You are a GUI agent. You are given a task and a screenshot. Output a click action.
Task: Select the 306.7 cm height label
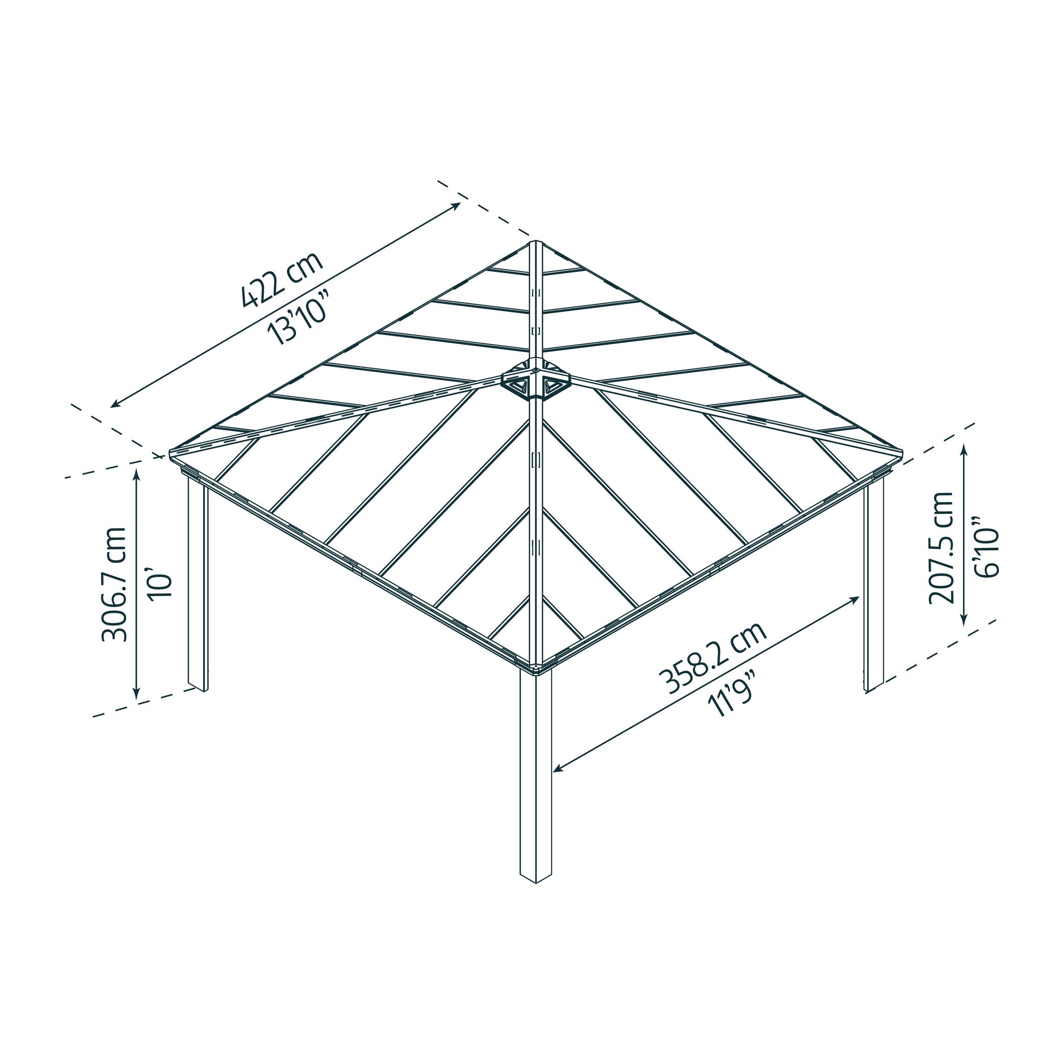(115, 584)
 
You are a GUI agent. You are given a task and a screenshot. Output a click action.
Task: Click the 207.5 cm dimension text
(940, 548)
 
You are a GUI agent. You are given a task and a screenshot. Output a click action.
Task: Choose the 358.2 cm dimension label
(712, 658)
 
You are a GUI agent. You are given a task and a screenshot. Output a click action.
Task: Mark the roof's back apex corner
(535, 242)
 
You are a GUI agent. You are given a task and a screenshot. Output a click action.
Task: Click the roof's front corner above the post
(535, 669)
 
